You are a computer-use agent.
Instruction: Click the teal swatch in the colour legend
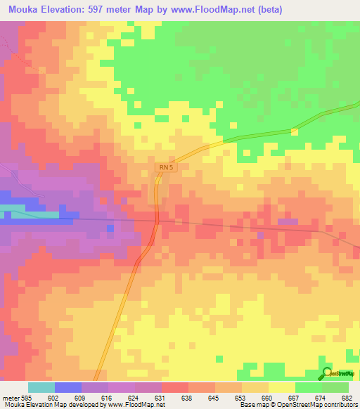pyautogui.click(x=41, y=387)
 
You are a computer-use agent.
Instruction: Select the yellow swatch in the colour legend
pyautogui.click(x=281, y=387)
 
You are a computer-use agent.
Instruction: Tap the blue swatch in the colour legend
pyautogui.click(x=68, y=387)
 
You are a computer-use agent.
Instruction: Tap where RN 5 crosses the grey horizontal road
pyautogui.click(x=157, y=221)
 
